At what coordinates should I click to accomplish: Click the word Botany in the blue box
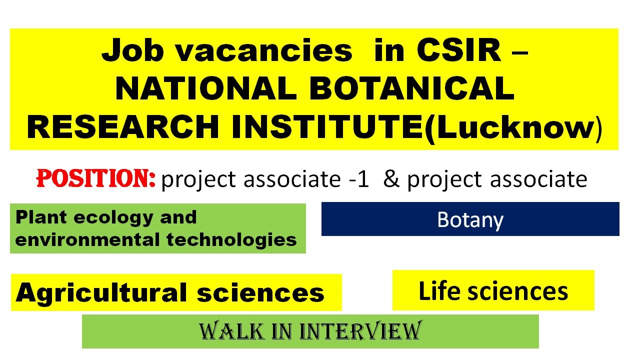[470, 220]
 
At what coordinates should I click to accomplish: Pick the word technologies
[232, 239]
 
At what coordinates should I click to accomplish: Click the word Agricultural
[103, 292]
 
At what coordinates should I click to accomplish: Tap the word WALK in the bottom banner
[224, 331]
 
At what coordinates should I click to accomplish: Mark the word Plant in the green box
[35, 217]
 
